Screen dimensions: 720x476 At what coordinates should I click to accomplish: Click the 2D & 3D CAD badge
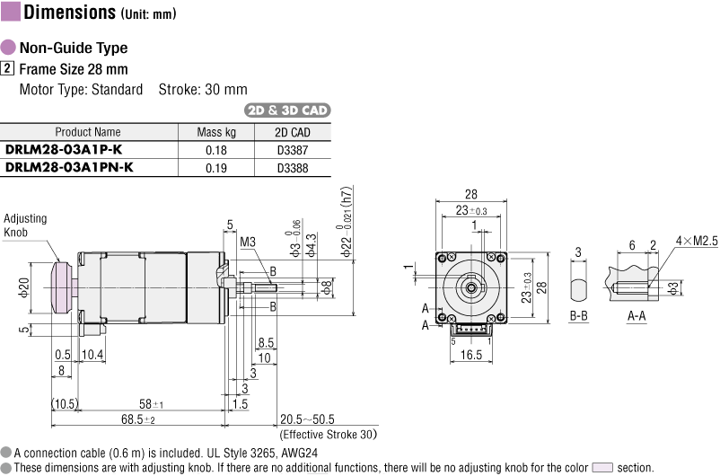287,110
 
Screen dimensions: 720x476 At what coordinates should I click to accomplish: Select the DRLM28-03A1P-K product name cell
64,150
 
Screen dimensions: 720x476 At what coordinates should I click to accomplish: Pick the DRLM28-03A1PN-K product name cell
69,167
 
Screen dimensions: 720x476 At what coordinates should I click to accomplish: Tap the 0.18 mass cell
216,150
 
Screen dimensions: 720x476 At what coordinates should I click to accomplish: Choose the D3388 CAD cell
293,168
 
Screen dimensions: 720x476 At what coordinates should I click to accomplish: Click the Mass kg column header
216,132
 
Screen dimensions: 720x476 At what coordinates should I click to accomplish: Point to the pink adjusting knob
62,287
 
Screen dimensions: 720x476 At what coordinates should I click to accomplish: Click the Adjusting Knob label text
25,225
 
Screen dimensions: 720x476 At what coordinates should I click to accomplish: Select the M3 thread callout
248,242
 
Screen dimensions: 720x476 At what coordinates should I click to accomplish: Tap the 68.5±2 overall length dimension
138,419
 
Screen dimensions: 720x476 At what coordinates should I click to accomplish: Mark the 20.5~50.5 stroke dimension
307,419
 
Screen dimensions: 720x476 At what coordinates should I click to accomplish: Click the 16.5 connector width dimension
471,355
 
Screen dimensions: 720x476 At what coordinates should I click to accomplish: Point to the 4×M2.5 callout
696,241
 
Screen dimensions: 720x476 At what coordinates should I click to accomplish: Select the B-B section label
578,315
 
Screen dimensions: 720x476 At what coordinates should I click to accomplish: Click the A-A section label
637,315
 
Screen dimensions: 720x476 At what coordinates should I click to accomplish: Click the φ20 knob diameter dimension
24,287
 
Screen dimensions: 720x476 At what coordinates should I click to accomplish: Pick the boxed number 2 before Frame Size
7,68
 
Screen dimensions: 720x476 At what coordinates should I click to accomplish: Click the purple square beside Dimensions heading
11,11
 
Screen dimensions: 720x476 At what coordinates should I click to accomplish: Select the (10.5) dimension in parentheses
65,404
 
